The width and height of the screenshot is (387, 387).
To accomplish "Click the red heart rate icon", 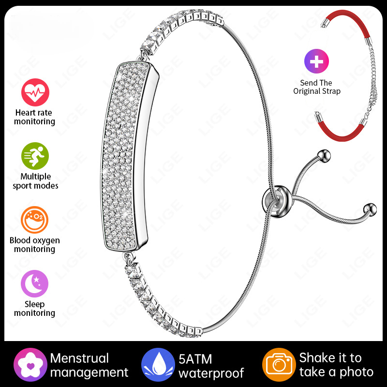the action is pos(35,92).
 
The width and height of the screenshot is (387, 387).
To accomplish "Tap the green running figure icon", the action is pos(35,156).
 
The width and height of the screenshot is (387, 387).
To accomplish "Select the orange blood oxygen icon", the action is pos(34,220).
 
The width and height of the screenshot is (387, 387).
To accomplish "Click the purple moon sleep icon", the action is pos(34,283).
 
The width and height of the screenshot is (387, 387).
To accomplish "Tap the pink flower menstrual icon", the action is pos(30,365).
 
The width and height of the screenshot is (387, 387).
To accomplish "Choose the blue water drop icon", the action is pos(158,365).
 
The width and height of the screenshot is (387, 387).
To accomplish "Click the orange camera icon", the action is pos(279,365).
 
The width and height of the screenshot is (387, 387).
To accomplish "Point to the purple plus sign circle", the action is pos(316,61).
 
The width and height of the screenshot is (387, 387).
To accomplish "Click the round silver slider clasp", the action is pos(277,202).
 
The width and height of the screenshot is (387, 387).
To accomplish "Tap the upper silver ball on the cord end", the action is pos(324,156).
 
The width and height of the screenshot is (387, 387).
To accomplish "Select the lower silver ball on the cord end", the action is pos(370,210).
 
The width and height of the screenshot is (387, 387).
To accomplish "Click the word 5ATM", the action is pos(195,359).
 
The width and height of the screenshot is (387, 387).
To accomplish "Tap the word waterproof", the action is pos(211,373).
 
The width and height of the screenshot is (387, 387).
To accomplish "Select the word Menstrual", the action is pos(79,358).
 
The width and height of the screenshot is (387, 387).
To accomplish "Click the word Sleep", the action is pos(34,304).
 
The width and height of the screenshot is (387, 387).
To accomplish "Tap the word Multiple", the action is pos(35,177).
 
